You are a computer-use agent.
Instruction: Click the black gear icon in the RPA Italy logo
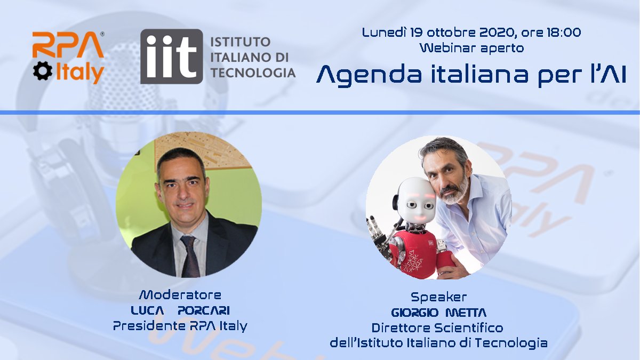[x=43, y=71]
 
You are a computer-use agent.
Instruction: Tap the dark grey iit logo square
[x=171, y=57]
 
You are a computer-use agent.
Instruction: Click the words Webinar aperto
[x=471, y=48]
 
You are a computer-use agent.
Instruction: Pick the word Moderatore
[x=180, y=295]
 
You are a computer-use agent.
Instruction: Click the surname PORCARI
[x=203, y=310]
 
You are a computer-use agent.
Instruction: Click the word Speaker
[x=438, y=297]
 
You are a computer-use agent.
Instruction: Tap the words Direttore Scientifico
[x=437, y=327]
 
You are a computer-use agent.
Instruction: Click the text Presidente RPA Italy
[x=180, y=326]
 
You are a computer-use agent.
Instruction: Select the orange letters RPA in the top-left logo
[x=68, y=45]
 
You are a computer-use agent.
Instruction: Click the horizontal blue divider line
[x=320, y=113]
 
